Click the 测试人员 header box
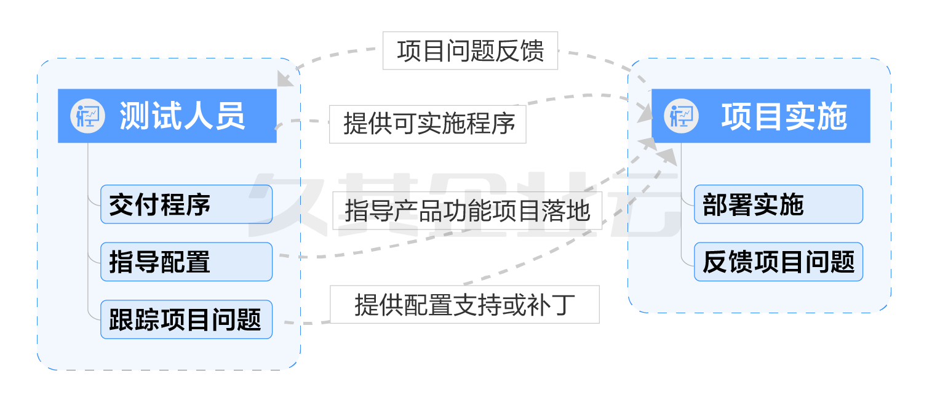pyautogui.click(x=167, y=116)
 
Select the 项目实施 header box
pyautogui.click(x=760, y=116)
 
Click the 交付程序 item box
pyautogui.click(x=186, y=204)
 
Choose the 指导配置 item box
pyautogui.click(x=186, y=262)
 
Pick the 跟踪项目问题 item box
pyautogui.click(x=186, y=319)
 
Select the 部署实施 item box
pyautogui.click(x=778, y=204)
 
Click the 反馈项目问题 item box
pyautogui.click(x=778, y=262)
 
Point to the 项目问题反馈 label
pyautogui.click(x=470, y=50)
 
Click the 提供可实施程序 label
pyautogui.click(x=428, y=124)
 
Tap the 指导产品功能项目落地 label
pyautogui.click(x=467, y=210)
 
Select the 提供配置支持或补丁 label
pyautogui.click(x=464, y=305)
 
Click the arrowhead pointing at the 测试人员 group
pyautogui.click(x=285, y=78)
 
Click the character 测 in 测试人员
pyautogui.click(x=135, y=116)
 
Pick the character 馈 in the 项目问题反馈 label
pyautogui.click(x=532, y=50)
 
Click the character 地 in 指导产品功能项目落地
pyautogui.click(x=578, y=210)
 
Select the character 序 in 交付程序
pyautogui.click(x=198, y=204)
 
